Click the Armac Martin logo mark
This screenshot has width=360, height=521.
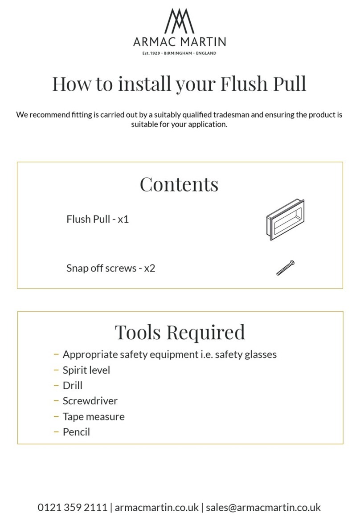[179, 21]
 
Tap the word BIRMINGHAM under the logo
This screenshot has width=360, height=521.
[178, 53]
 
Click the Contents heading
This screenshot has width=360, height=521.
[179, 184]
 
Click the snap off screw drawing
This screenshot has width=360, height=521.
[285, 268]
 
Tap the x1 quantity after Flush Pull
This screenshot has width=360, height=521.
[123, 219]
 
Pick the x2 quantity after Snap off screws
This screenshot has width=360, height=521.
[149, 268]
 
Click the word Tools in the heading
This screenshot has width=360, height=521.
[139, 332]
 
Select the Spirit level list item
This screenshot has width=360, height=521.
[86, 370]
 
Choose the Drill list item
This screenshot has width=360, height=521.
[72, 385]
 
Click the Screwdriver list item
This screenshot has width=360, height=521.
[90, 401]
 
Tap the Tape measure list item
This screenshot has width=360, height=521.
[94, 416]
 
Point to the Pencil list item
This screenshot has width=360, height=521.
[76, 432]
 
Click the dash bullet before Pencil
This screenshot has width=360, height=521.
[56, 432]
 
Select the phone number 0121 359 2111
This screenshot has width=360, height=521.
[72, 508]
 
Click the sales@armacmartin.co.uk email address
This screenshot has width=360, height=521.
[263, 508]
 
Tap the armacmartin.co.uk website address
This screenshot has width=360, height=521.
[157, 508]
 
